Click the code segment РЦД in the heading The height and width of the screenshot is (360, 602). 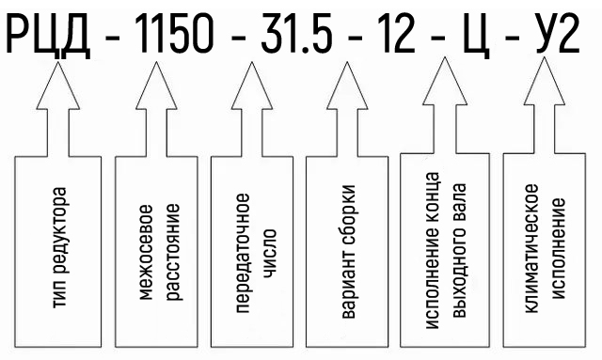pos(48,35)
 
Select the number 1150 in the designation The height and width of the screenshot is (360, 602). pos(175,34)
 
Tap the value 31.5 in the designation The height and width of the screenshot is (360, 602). pos(296,34)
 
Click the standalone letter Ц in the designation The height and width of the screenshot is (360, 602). pos(477,36)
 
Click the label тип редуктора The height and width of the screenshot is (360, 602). pos(59,247)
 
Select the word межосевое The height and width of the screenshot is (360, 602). pos(146,252)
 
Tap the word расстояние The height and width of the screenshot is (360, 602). pos(172,252)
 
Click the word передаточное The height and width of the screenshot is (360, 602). pos(243,253)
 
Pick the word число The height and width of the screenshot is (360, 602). pos(270,253)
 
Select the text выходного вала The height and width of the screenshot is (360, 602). pos(459,250)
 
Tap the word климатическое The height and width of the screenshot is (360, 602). pos(531,248)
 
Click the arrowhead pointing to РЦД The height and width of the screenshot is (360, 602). pos(58,86)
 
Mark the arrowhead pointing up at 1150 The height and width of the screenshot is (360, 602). pos(156,86)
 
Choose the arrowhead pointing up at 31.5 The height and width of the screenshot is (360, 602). pos(252,86)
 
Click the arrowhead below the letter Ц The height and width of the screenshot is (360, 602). pos(445,81)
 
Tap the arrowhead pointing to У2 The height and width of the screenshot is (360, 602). pos(545,81)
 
